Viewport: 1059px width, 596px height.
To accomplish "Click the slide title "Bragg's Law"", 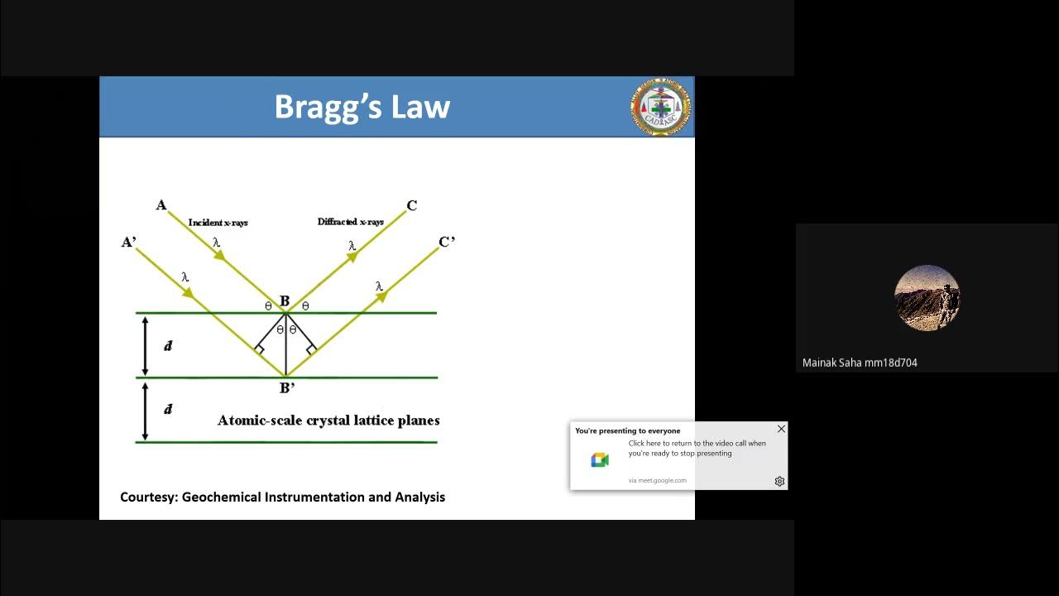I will pos(362,107).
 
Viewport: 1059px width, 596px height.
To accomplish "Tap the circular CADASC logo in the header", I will pos(660,108).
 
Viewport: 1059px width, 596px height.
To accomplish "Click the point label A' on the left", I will pos(128,242).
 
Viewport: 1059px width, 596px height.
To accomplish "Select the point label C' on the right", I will pos(447,242).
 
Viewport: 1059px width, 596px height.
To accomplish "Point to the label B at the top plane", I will pos(285,301).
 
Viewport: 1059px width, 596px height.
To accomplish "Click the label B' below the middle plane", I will pos(287,387).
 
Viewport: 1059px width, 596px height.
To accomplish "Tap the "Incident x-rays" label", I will pos(218,223).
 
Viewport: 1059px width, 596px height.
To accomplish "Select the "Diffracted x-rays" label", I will pos(351,222).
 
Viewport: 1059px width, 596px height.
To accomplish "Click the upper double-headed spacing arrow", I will pos(146,346).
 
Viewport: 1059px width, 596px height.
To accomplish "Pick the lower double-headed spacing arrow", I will pos(146,411).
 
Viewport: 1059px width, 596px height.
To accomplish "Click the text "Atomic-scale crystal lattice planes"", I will pos(328,421).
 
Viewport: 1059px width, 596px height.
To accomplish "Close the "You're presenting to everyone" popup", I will pos(781,429).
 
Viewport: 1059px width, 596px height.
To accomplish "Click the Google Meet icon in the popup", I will pos(600,460).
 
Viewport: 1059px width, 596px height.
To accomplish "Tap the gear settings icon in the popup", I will pos(779,481).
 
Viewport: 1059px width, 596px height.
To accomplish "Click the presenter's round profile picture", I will pos(927,298).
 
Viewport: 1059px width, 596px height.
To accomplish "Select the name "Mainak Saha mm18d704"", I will pos(860,363).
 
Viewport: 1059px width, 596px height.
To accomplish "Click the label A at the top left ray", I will pos(161,205).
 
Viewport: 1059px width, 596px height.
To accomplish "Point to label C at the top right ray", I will pos(412,205).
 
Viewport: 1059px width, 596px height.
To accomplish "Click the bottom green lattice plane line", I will pos(286,442).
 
